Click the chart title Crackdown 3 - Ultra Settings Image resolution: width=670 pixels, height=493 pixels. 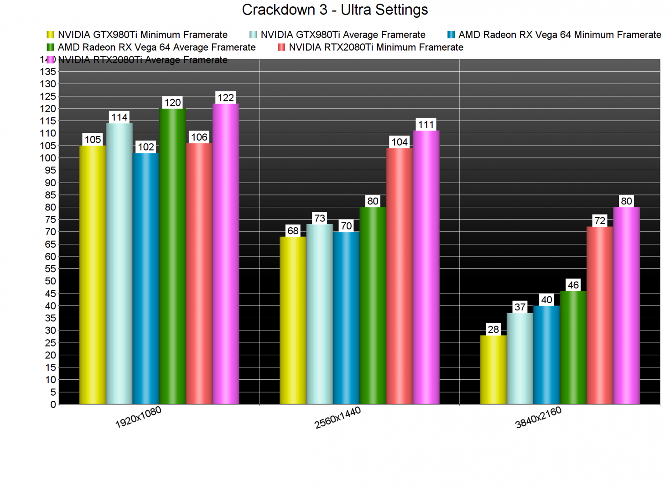pos(335,10)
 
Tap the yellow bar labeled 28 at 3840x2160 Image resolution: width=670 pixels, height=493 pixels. pos(493,370)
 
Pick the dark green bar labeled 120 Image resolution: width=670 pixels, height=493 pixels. pos(172,256)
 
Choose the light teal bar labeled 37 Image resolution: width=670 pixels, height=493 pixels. pos(520,358)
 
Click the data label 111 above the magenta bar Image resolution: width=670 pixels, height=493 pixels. pos(426,125)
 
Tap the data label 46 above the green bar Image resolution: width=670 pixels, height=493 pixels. pos(573,285)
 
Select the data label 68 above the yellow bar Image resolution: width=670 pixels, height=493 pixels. pos(293,231)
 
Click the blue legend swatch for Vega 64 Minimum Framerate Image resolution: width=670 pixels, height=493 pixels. pos(451,35)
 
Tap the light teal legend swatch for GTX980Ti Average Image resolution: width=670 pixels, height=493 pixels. pos(253,35)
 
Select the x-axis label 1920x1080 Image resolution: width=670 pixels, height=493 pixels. pos(138,417)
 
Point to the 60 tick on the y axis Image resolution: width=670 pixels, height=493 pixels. pos(50,257)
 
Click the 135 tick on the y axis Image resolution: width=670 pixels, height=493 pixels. pos(48,72)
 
